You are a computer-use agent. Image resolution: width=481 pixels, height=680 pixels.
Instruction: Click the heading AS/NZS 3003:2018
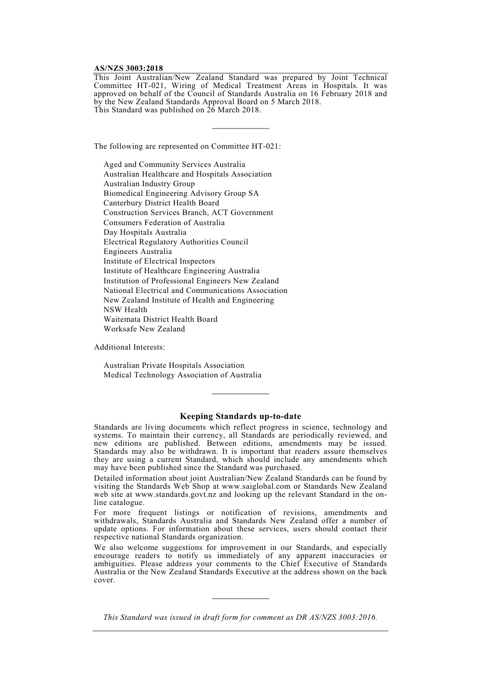click(129, 68)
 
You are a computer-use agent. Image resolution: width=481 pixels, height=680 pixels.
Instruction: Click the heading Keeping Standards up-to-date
click(240, 416)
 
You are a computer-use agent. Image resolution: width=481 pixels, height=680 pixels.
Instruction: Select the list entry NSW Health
click(126, 310)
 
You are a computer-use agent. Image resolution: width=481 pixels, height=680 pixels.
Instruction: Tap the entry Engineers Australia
click(138, 251)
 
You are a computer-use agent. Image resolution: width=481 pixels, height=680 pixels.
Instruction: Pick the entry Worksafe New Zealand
click(144, 329)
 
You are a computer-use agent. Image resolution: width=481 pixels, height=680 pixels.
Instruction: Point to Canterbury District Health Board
click(162, 203)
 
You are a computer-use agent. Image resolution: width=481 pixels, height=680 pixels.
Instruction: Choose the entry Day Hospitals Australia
click(145, 232)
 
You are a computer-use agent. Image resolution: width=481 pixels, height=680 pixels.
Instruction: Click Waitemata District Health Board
click(161, 319)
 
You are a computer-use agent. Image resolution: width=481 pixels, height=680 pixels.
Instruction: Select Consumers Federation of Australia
click(164, 223)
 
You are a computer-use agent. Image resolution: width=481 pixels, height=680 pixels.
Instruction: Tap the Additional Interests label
click(129, 347)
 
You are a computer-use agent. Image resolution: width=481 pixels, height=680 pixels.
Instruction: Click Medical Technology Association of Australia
click(182, 375)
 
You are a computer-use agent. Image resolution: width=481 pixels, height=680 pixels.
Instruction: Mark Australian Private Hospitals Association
click(174, 365)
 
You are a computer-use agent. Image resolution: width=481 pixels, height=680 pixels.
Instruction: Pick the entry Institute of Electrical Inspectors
click(159, 261)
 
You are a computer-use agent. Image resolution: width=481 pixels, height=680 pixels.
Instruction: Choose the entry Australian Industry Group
click(149, 184)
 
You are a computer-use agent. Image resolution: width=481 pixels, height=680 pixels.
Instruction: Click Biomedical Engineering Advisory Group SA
click(181, 193)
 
